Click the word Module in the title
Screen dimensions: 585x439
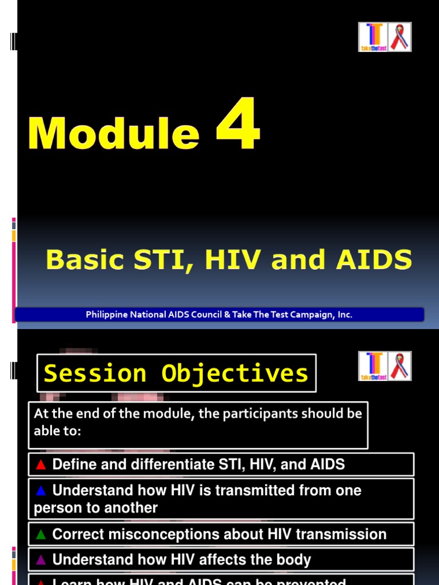click(114, 133)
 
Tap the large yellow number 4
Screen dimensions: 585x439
click(238, 124)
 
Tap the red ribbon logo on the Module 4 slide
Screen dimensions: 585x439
click(400, 37)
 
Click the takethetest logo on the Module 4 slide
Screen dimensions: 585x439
click(373, 37)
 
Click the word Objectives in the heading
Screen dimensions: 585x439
click(234, 373)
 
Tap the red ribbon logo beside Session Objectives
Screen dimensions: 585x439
click(400, 366)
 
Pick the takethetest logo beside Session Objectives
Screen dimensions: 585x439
click(373, 366)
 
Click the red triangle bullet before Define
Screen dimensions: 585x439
click(41, 464)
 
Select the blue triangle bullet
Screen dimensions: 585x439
click(41, 491)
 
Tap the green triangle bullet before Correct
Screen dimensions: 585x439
click(41, 535)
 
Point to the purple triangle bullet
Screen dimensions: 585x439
click(41, 560)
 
